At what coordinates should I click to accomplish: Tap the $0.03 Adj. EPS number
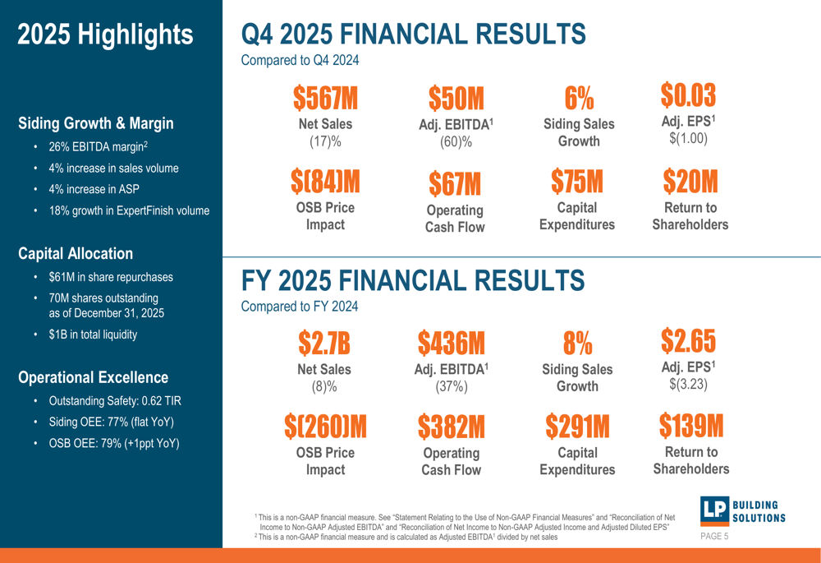(688, 95)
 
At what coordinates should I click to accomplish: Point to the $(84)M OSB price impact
(325, 181)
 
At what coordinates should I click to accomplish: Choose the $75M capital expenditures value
(576, 181)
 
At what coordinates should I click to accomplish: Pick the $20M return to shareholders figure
(690, 181)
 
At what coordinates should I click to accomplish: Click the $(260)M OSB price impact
(325, 426)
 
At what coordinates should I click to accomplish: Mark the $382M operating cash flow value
(451, 426)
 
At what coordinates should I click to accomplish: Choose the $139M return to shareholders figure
(690, 425)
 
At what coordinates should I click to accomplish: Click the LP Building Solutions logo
(742, 510)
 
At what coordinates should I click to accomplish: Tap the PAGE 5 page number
(714, 537)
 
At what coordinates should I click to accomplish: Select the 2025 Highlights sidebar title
(105, 35)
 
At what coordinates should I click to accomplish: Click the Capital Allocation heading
(76, 254)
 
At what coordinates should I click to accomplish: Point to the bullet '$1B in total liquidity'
(93, 335)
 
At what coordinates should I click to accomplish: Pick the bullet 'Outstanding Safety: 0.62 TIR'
(115, 401)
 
